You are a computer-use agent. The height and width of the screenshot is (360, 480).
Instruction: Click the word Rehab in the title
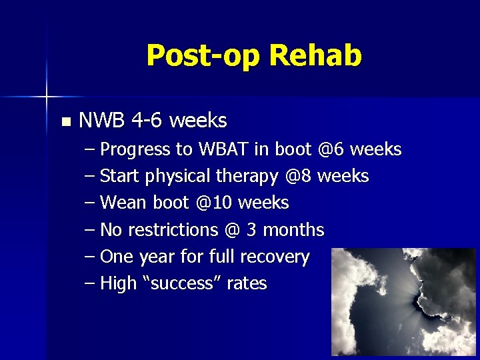point(315,55)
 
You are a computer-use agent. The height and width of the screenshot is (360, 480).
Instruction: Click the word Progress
point(135,150)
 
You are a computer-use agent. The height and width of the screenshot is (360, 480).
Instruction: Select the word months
point(294,230)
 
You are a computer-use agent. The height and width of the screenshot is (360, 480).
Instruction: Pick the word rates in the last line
point(246,284)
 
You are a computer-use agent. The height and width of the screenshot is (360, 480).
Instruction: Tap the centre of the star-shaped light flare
point(46,97)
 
